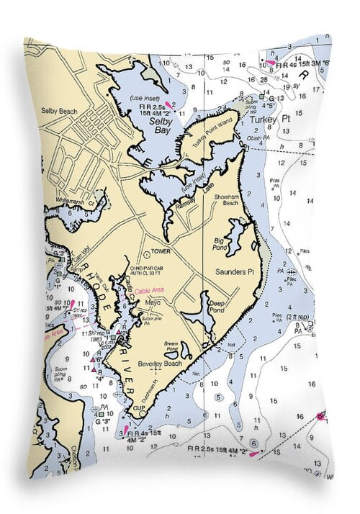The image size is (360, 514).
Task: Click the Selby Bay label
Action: [159, 127]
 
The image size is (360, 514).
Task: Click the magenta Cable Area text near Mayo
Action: [150, 290]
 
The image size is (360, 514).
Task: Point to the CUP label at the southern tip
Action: [139, 408]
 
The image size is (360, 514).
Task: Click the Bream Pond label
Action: [171, 344]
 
